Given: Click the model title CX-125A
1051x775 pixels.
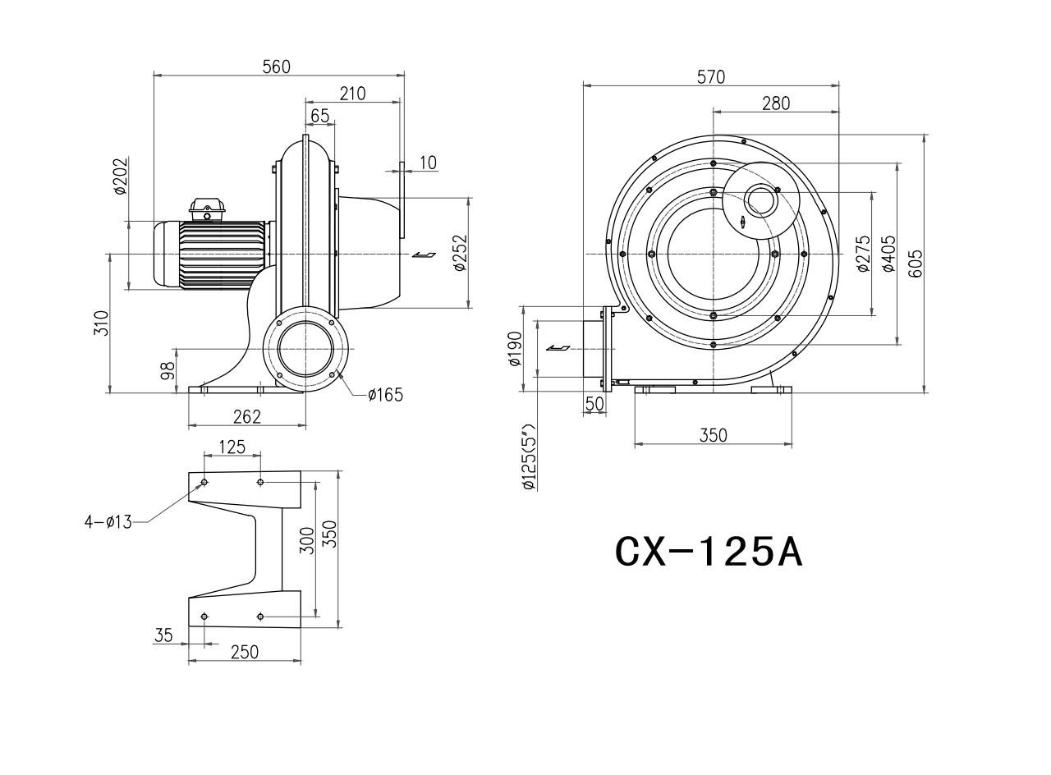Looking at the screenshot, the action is (x=709, y=553).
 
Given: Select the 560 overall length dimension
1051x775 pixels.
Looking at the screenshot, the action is (x=277, y=67).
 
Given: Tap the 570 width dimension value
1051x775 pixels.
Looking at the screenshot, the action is (x=711, y=77).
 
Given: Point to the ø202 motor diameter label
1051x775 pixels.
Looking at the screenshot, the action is (x=121, y=176).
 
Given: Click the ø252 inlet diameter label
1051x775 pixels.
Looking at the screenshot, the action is (x=461, y=253).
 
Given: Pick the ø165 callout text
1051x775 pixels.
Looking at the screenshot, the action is (x=386, y=395).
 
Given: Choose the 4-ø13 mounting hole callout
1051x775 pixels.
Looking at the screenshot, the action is (x=108, y=521).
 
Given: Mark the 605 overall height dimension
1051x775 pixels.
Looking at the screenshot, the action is (x=916, y=264).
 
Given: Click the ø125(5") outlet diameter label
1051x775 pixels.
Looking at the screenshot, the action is (x=529, y=457).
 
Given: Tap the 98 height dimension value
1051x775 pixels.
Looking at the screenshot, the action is (x=168, y=370).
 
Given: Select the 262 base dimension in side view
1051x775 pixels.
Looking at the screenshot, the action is (x=247, y=416).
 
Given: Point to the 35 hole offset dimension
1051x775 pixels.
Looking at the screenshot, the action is (x=163, y=635).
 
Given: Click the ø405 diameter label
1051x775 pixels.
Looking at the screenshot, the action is (x=889, y=254).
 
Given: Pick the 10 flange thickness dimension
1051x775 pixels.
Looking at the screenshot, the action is (x=428, y=163).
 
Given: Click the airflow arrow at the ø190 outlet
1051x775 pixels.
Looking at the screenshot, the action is (x=558, y=347).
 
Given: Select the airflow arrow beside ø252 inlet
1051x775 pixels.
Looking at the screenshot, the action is (x=425, y=255).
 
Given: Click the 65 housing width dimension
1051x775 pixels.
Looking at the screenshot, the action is (x=320, y=116).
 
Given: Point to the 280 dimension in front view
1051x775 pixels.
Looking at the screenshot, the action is (x=776, y=103).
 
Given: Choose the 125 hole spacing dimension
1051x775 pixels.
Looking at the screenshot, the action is (x=232, y=447).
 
